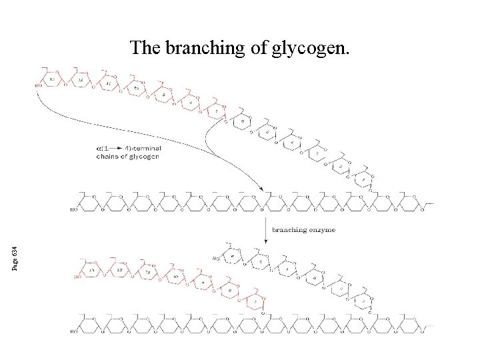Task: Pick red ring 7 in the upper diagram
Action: (217, 111)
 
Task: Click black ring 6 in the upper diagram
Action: (243, 122)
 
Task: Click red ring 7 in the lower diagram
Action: (255, 301)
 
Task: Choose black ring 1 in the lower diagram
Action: (365, 301)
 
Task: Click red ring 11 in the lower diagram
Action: (143, 273)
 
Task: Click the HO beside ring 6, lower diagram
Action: (215, 258)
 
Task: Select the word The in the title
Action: (144, 48)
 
